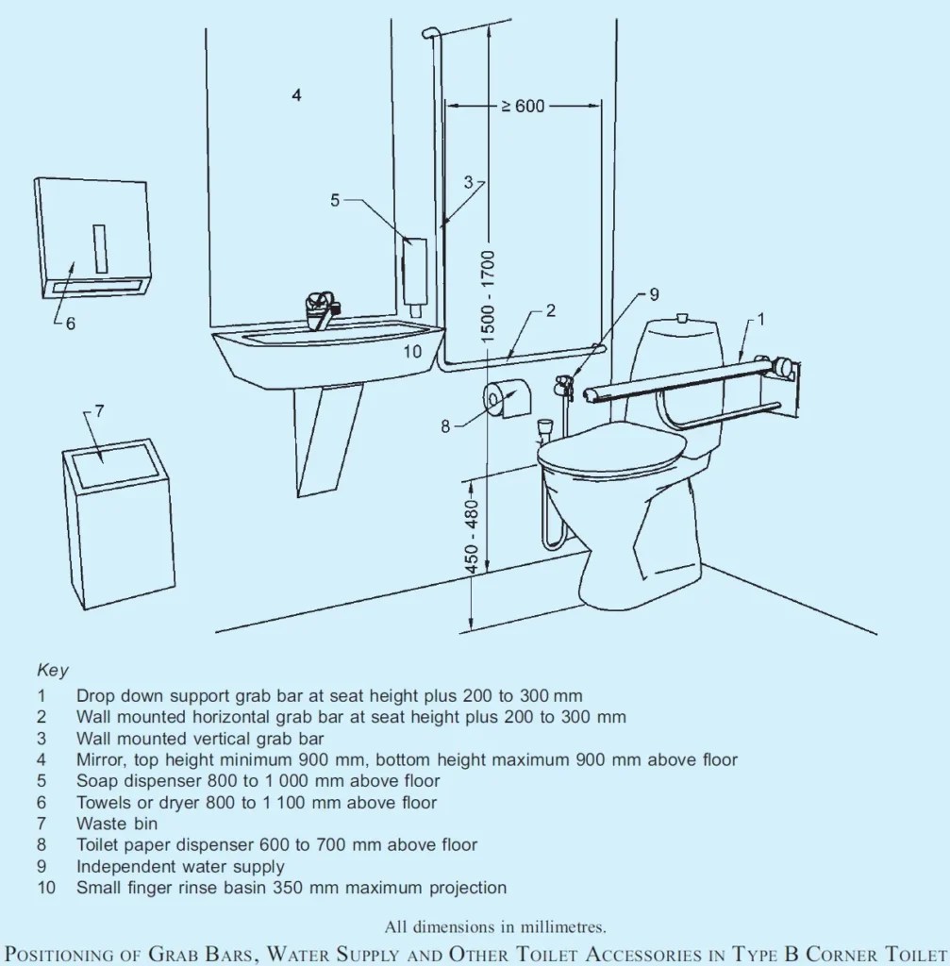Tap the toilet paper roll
[x=506, y=399]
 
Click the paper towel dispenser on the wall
[x=92, y=238]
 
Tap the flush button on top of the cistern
[x=684, y=319]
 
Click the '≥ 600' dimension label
[x=522, y=106]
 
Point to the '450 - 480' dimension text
[x=473, y=534]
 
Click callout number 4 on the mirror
[x=296, y=95]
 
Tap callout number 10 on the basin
[x=412, y=352]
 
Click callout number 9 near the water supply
[x=654, y=293]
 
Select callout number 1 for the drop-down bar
[x=761, y=320]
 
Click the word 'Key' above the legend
[x=53, y=672]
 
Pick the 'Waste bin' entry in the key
[x=117, y=824]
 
